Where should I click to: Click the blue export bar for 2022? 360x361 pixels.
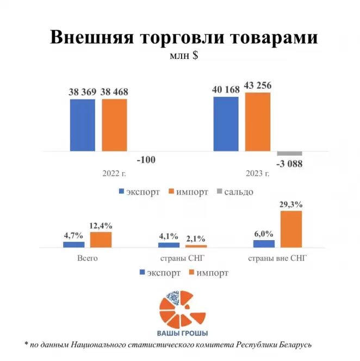pos(82,125)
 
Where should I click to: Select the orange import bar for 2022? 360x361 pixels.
pos(114,125)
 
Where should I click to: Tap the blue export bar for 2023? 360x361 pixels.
pos(226,124)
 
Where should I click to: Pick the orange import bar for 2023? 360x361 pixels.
pos(257,121)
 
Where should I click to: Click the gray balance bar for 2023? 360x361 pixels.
pos(289,153)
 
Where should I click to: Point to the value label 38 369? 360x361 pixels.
pos(82,92)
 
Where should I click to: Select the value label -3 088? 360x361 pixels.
pos(289,164)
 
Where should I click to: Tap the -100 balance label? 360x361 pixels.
pos(146,160)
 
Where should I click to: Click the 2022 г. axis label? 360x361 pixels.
pos(114,174)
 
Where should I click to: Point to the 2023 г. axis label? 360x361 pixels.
pos(257,174)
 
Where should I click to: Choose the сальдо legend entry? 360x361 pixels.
pos(235,192)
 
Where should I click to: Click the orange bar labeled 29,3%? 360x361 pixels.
pos(290,229)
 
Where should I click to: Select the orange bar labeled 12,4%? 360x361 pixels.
pos(101,240)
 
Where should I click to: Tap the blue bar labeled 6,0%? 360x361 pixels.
pos(263,243)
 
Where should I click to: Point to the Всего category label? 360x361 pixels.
pos(88,258)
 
